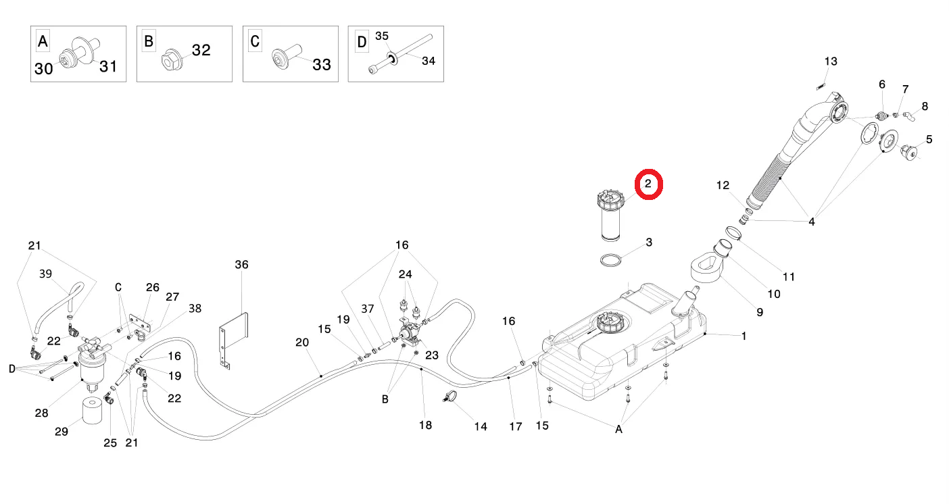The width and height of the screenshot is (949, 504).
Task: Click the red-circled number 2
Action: tap(648, 184)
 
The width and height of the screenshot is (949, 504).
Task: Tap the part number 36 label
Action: tap(241, 264)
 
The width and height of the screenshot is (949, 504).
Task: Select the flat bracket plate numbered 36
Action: tap(233, 338)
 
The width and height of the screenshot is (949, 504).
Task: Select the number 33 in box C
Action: tap(321, 65)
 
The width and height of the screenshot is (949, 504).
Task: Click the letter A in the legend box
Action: tap(43, 42)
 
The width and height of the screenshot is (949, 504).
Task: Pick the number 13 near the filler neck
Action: tap(830, 61)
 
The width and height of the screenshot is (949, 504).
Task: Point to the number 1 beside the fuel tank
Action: tap(744, 336)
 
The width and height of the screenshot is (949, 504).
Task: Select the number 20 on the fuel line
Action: tap(301, 343)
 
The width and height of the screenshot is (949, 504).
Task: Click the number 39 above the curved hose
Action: tap(45, 274)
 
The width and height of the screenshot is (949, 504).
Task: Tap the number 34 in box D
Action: tap(429, 61)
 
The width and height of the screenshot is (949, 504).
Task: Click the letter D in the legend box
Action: tap(362, 43)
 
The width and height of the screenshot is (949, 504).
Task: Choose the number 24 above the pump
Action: tap(405, 274)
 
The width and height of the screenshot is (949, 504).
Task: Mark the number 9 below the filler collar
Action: tap(760, 312)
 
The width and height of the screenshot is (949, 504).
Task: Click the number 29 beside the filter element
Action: tap(62, 432)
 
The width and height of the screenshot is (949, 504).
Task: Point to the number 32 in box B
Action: tap(201, 50)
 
